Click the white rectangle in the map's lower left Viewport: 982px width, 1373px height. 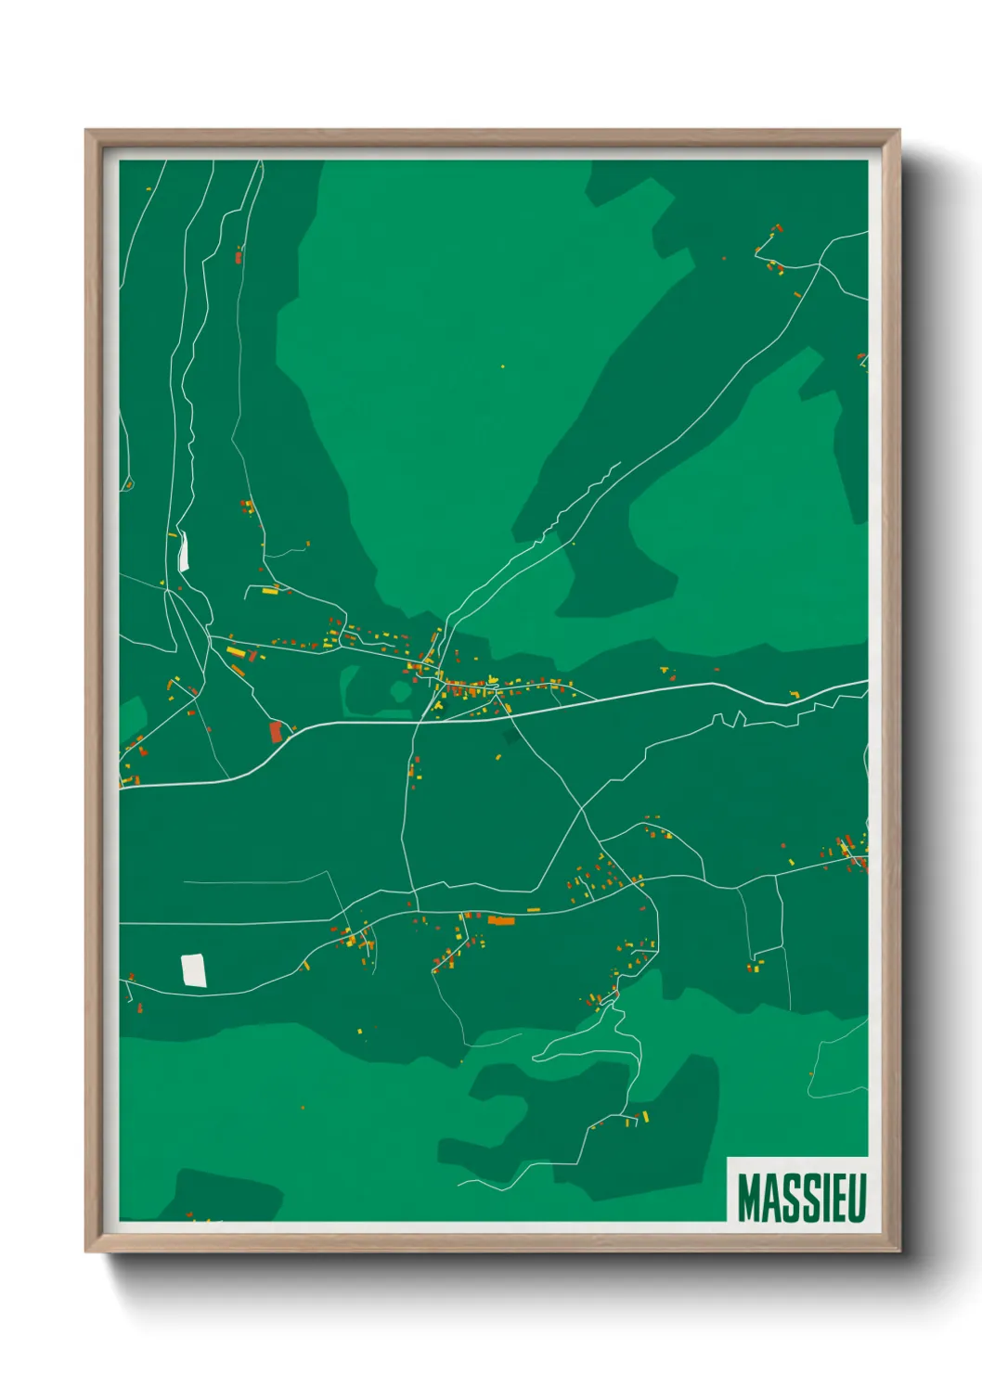[x=193, y=970]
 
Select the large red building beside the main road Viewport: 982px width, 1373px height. [x=275, y=732]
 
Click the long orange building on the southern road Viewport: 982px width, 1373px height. [x=501, y=920]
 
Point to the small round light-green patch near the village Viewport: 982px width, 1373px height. [x=401, y=690]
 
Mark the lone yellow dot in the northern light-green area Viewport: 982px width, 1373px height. [x=503, y=366]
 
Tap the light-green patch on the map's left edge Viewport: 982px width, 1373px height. [x=132, y=719]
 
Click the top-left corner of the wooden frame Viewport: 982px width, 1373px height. [x=86, y=131]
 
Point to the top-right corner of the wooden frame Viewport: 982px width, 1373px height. [x=898, y=131]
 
